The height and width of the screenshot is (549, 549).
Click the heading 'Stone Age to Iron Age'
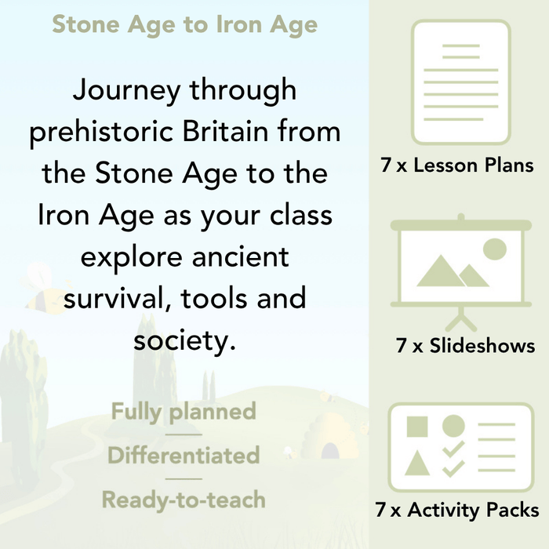click(184, 24)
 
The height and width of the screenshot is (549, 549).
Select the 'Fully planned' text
click(184, 411)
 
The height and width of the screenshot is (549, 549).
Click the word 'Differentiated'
click(184, 455)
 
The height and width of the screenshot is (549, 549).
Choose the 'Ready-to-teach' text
click(184, 499)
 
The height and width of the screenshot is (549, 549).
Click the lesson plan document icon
click(460, 82)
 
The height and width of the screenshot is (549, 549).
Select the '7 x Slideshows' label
click(465, 346)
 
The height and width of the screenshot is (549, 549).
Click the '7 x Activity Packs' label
click(457, 511)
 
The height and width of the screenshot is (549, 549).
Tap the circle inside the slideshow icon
click(494, 249)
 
